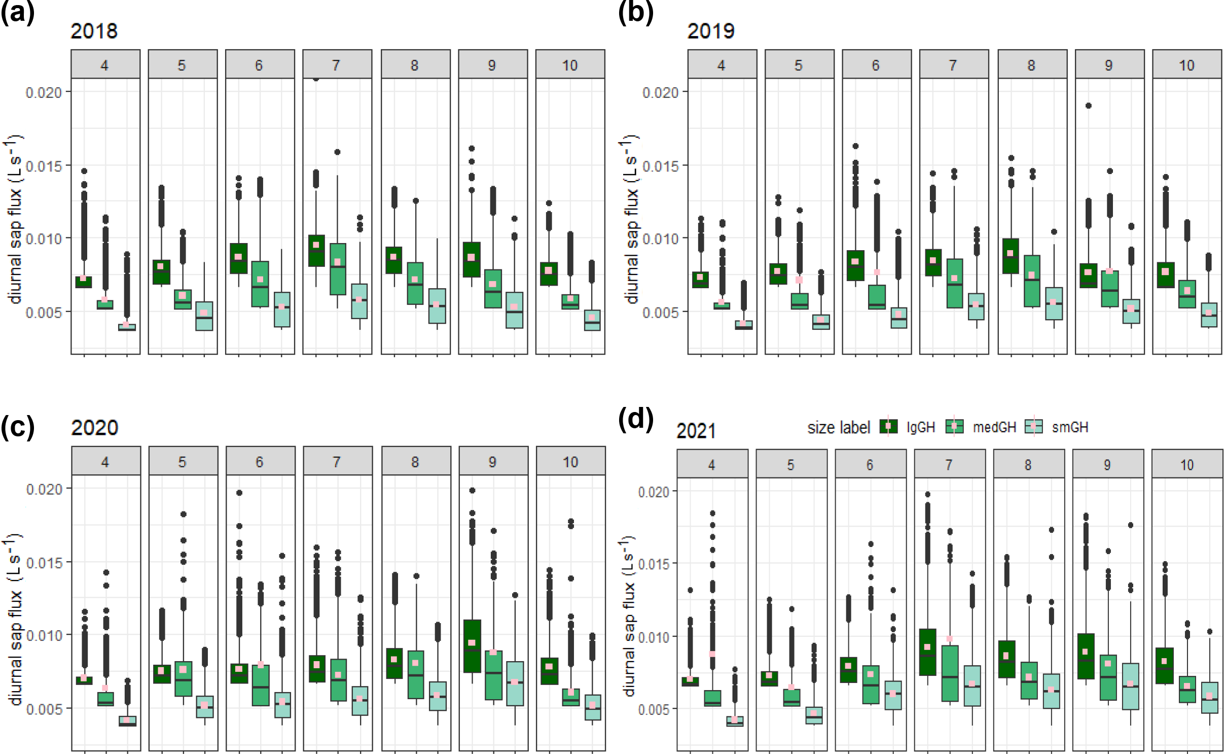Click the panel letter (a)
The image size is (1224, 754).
coord(17,12)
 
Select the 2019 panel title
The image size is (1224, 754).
coord(710,31)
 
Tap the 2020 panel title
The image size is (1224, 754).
coord(94,428)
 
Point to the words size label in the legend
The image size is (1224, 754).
coord(839,428)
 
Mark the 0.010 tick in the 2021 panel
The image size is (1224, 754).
coord(654,637)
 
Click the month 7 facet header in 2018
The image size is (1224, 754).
coord(337,65)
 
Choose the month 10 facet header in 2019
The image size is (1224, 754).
coord(1186,65)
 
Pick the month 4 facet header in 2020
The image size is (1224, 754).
coord(105,462)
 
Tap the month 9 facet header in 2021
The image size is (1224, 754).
coord(1107,465)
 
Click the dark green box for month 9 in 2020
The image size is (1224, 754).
coord(472,646)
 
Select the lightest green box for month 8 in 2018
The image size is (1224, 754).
coord(437,306)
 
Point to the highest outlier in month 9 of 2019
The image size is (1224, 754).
coord(1088,106)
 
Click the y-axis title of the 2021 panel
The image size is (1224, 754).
coord(628,616)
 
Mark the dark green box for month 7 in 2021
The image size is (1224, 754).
coord(927,652)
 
